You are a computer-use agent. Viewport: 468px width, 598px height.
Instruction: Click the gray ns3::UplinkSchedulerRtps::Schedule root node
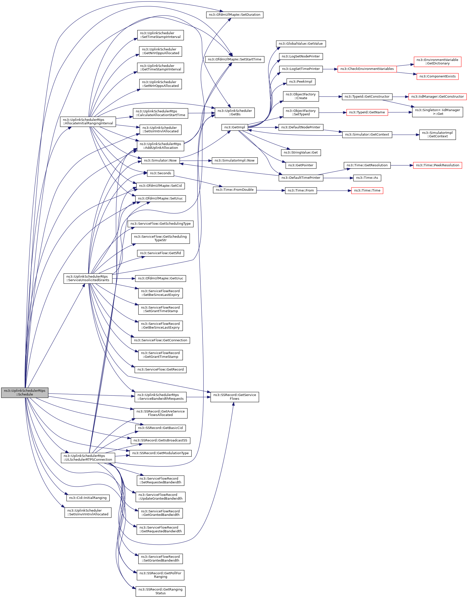pos(25,393)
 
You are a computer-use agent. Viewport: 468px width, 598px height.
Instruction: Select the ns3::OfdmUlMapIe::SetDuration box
pos(234,15)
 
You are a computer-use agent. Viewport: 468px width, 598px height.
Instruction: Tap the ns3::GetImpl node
pos(235,127)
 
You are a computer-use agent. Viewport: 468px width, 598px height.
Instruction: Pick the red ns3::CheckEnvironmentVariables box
pos(367,69)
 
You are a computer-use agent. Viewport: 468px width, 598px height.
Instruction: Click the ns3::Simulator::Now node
pos(160,161)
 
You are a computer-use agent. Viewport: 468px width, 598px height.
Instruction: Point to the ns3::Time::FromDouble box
pos(235,190)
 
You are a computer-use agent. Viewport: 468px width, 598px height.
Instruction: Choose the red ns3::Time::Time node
pos(367,191)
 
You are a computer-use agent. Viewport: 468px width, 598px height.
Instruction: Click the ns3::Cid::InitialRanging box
pos(88,498)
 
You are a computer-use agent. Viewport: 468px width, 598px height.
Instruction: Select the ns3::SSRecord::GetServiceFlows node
pos(235,397)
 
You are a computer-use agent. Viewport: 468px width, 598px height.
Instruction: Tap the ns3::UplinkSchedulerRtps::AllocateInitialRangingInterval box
pos(88,121)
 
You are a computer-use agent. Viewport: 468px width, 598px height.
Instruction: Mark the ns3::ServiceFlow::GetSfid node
pos(160,253)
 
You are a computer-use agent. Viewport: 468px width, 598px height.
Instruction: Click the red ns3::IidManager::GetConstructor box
pos(437,97)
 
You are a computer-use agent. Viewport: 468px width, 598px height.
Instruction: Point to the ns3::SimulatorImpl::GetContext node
pos(437,135)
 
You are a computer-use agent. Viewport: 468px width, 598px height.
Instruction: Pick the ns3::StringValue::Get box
pos(301,153)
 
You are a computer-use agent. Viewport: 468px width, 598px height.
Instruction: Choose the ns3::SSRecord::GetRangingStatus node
pos(160,591)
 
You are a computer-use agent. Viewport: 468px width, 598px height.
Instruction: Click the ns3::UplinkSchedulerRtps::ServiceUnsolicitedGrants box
pos(88,278)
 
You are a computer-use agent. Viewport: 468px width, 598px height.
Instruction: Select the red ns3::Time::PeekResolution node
pos(437,165)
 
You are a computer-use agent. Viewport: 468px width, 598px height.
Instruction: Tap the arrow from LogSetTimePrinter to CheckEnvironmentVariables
pos(330,69)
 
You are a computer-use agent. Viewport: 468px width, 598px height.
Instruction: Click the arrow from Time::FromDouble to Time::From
pos(271,190)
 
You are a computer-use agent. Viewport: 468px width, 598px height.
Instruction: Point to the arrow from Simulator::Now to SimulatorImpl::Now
pos(196,161)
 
